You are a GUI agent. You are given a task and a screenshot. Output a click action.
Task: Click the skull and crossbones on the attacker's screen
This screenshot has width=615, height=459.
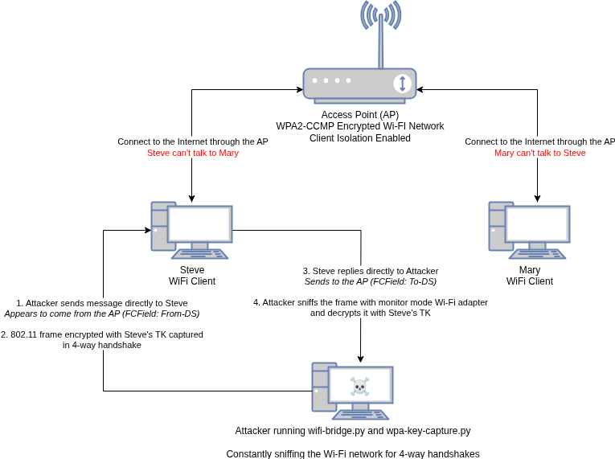tap(359, 387)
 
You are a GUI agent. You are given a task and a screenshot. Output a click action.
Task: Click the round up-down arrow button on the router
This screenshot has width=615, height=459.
tap(403, 83)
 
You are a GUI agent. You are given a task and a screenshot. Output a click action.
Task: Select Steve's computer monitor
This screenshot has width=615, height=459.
tap(199, 224)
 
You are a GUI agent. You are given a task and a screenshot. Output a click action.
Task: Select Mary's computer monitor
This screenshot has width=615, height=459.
tap(537, 224)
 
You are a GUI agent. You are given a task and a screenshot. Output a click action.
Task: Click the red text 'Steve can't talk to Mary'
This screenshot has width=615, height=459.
tap(193, 153)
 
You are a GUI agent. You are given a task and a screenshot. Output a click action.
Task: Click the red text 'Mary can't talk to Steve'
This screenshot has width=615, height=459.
tap(540, 153)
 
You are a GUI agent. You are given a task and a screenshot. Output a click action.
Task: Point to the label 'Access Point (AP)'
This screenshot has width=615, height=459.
tap(360, 115)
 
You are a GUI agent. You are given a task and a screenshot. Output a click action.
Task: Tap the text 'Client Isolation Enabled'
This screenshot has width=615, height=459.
tap(360, 138)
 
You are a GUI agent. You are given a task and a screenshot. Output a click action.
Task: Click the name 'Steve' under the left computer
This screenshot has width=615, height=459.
tap(192, 270)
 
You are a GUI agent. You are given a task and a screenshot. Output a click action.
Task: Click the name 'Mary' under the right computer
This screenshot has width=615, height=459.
tap(530, 270)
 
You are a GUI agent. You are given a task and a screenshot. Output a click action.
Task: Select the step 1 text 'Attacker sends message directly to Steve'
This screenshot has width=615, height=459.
tap(102, 303)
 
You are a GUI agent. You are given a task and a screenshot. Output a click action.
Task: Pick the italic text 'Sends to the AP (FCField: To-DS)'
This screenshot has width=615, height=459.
tap(371, 282)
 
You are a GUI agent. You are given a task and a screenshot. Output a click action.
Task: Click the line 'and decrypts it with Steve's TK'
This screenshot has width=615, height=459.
tap(371, 314)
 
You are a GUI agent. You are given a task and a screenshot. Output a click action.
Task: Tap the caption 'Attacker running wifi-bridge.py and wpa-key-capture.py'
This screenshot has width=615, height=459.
tap(353, 431)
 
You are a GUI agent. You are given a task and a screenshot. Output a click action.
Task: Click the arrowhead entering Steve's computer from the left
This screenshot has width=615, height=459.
tap(148, 230)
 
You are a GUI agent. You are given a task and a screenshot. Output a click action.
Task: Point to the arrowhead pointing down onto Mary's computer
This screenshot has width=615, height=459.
tap(537, 198)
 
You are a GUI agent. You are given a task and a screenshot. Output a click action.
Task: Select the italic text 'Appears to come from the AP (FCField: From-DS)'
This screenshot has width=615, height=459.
tap(102, 314)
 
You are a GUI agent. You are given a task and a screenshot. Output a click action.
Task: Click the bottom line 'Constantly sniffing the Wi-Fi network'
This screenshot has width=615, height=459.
tap(353, 453)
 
